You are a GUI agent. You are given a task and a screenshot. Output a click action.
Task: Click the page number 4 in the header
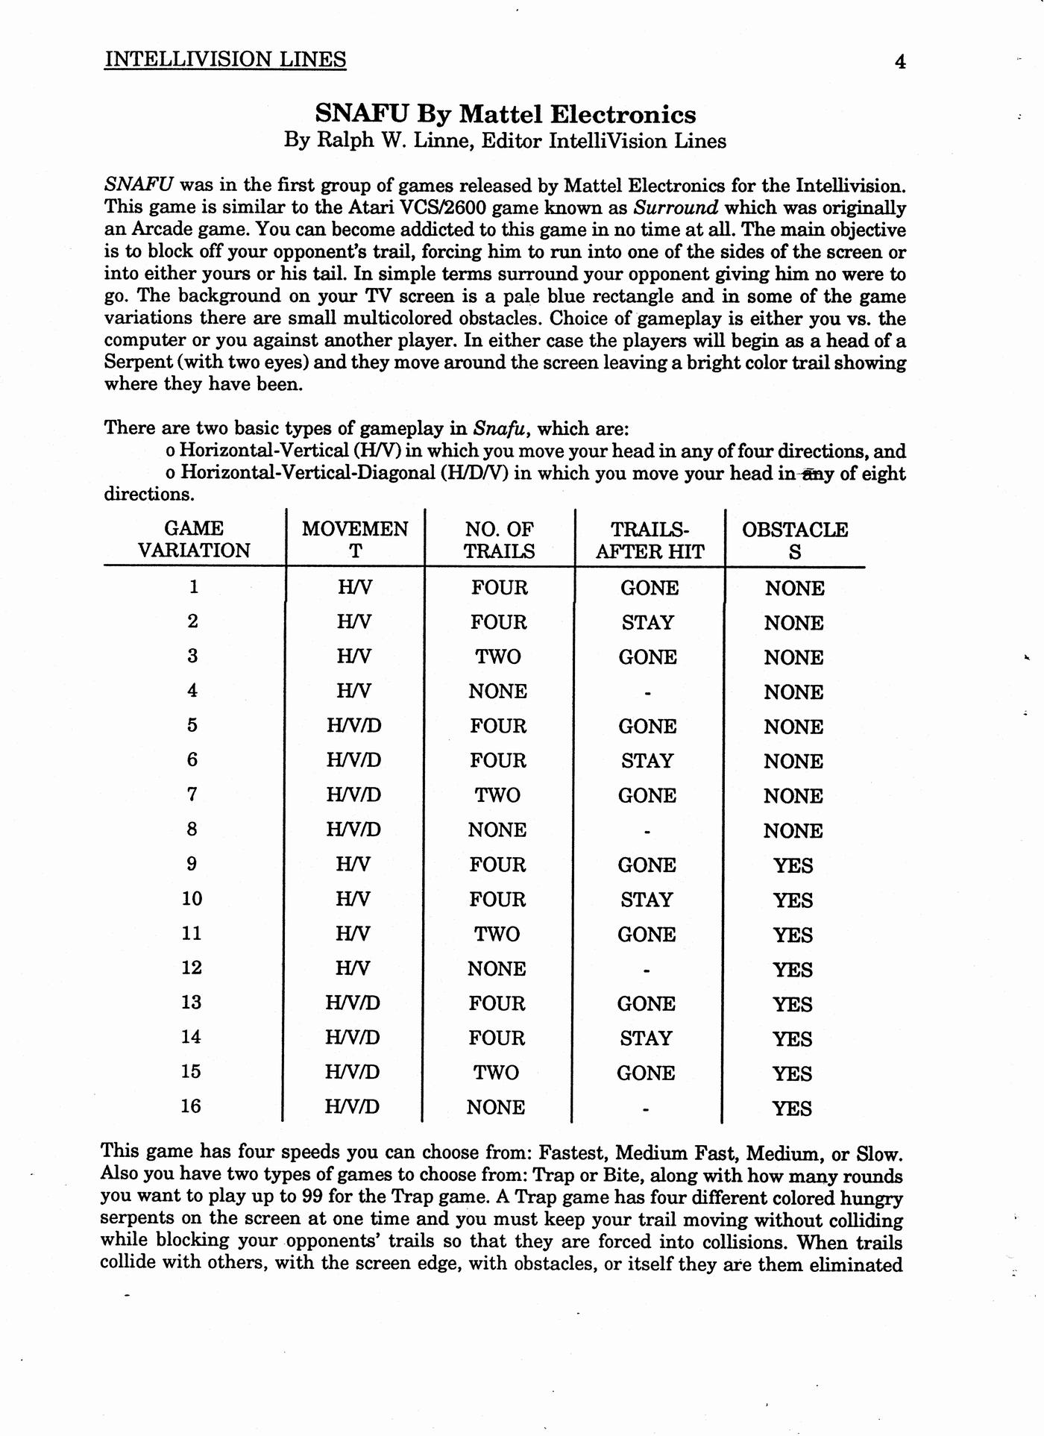click(900, 62)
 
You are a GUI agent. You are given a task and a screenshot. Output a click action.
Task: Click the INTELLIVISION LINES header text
click(225, 60)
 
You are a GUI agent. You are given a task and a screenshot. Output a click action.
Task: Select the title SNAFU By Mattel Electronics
click(505, 114)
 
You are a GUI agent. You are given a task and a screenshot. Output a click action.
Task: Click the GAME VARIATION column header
click(194, 539)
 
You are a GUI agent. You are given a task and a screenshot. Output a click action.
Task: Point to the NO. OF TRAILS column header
click(499, 540)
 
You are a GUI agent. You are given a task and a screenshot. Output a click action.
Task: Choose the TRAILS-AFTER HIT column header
click(650, 540)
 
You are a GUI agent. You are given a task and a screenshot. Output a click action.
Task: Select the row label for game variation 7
click(192, 794)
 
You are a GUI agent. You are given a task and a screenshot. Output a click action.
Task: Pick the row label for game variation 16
click(191, 1106)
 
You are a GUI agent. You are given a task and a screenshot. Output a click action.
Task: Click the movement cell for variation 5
click(353, 726)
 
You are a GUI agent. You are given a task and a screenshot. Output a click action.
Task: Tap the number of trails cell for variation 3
click(498, 657)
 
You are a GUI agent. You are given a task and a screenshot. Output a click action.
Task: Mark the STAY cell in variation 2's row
click(648, 622)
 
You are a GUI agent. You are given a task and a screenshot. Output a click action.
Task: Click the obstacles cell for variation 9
click(793, 866)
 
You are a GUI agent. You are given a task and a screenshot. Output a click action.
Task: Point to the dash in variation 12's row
click(647, 970)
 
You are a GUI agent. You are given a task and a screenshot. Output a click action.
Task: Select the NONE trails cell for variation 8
click(497, 830)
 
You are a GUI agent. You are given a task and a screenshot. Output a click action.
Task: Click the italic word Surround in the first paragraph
click(676, 207)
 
